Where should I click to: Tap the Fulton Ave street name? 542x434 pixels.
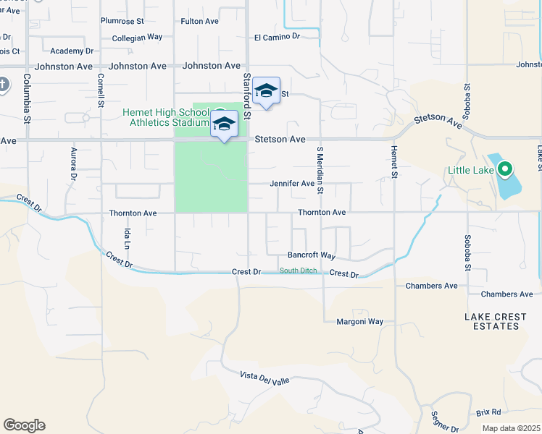coord(199,21)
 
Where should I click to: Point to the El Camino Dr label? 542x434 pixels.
coord(277,36)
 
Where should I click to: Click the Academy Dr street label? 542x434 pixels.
coord(72,51)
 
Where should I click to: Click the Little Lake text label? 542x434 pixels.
coord(470,171)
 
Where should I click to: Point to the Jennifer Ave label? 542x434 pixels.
coord(292,184)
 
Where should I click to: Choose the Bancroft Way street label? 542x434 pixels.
coord(311,255)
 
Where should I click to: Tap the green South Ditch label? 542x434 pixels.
coord(299,271)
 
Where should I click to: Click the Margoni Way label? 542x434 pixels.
coord(359,321)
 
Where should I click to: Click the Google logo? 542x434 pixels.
coord(24,425)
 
